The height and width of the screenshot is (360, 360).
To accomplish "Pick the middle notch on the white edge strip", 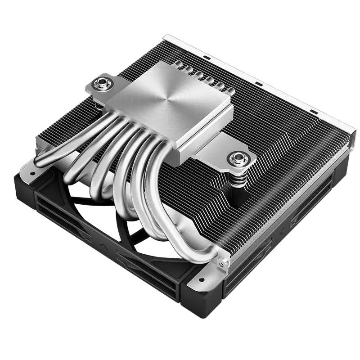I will (x=258, y=85).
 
